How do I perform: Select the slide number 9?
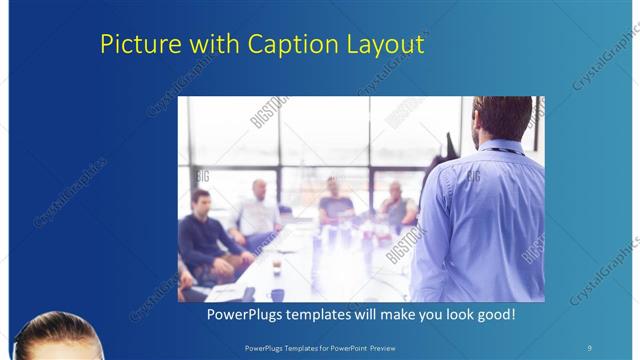click(589, 347)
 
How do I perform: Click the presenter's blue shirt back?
click(480, 220)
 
